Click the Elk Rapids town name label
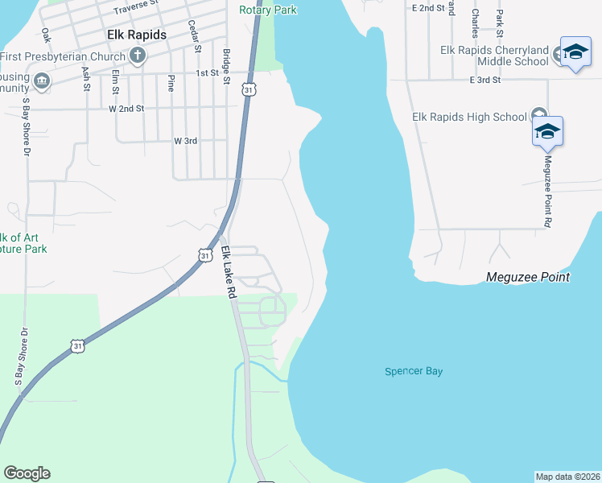pos(137,35)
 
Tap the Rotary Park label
pos(268,10)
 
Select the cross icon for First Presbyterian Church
pos(138,56)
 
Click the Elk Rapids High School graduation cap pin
pos(547,131)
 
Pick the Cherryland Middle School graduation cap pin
pos(575,52)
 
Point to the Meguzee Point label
pos(528,277)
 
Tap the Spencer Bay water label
pos(414,371)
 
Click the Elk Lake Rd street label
pos(229,272)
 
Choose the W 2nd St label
pos(126,108)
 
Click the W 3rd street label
pos(185,141)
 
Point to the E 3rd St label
pos(484,80)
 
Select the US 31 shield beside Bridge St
pos(251,89)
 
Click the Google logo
pos(27,473)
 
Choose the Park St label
pos(501,23)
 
